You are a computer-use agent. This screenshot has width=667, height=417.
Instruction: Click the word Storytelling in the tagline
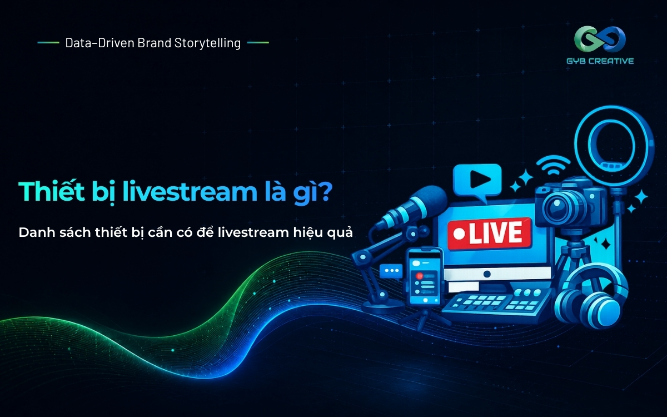click(x=207, y=43)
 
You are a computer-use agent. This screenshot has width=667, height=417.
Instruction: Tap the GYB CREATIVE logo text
click(x=600, y=61)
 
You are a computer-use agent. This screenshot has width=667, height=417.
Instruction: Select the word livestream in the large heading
click(x=190, y=191)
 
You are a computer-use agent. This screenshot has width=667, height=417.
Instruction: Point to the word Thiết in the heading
click(x=52, y=191)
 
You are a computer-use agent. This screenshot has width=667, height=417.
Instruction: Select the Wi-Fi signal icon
click(x=553, y=166)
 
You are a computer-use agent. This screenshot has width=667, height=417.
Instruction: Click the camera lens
click(x=558, y=206)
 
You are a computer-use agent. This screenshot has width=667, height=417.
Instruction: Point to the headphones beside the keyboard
click(x=591, y=297)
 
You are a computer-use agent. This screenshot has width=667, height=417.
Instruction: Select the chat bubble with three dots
click(x=391, y=272)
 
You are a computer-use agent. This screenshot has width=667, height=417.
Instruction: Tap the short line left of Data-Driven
click(x=48, y=43)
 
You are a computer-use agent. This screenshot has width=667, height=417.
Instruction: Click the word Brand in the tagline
click(x=155, y=43)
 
